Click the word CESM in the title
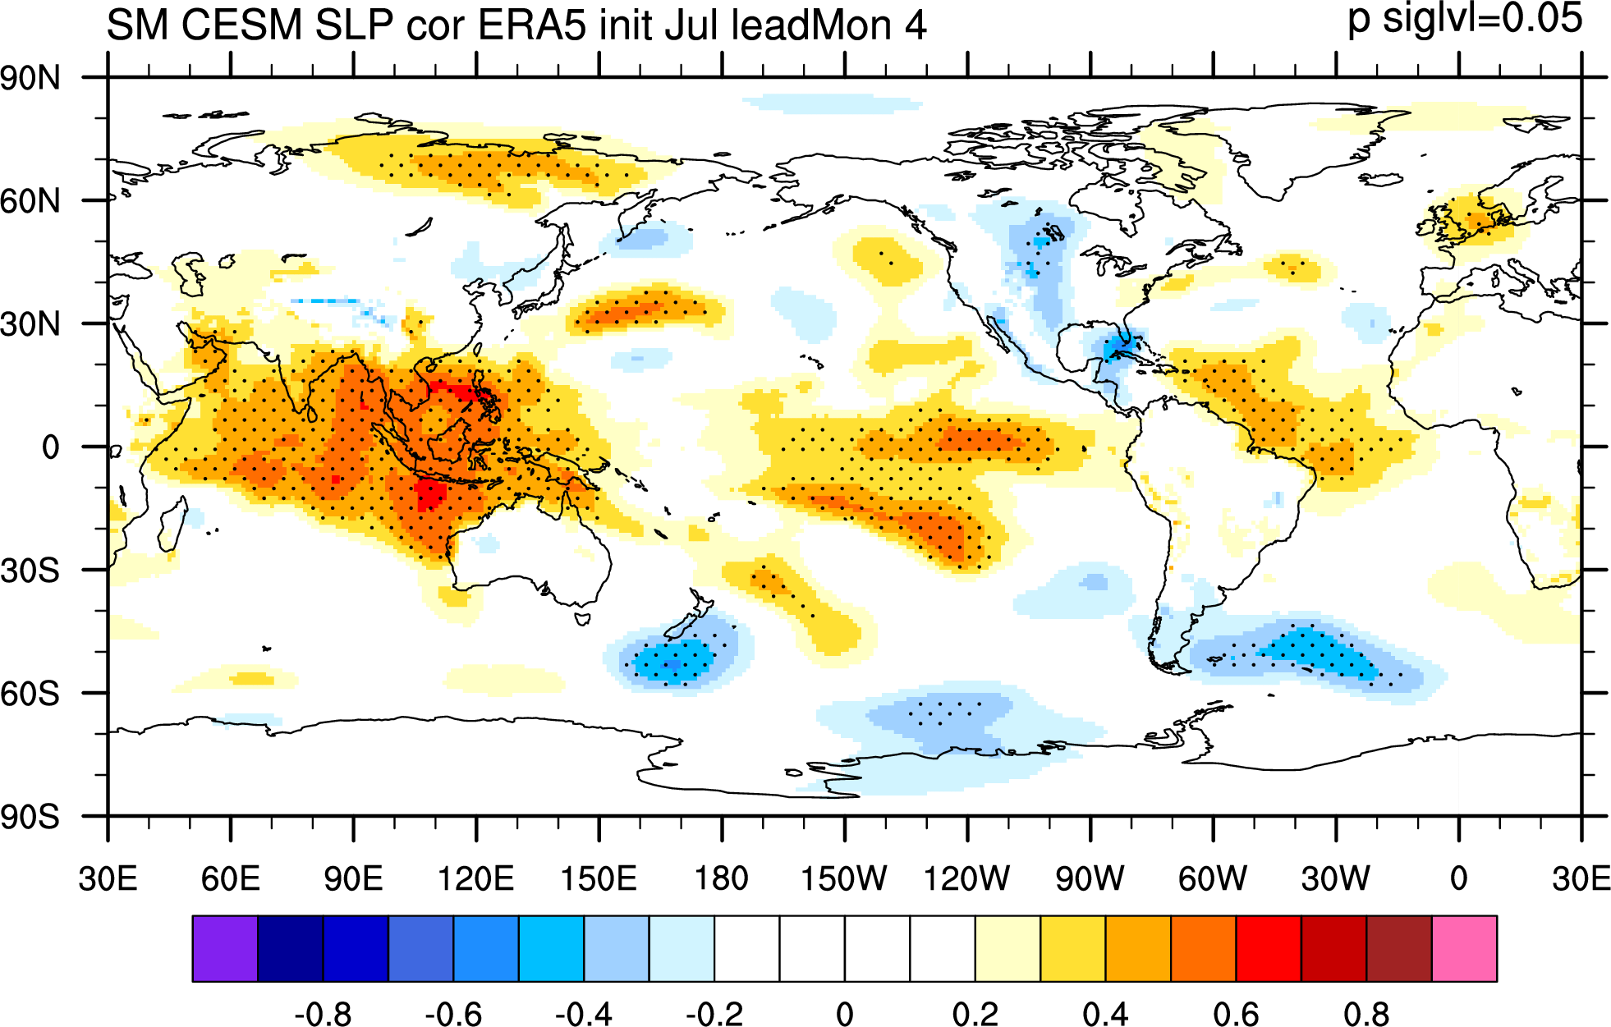point(242,25)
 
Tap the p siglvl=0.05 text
point(1465,19)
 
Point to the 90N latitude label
point(30,79)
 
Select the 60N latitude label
point(30,201)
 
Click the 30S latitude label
point(30,571)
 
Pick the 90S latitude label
point(30,817)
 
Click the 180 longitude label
point(722,879)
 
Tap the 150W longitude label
point(844,879)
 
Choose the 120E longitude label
point(476,879)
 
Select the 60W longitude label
point(1213,879)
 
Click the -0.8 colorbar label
point(323,1015)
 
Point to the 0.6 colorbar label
point(1237,1015)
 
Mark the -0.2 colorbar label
point(714,1015)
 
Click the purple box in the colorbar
point(225,949)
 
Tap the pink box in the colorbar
point(1464,949)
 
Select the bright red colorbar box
point(1269,949)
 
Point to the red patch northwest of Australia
point(429,496)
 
